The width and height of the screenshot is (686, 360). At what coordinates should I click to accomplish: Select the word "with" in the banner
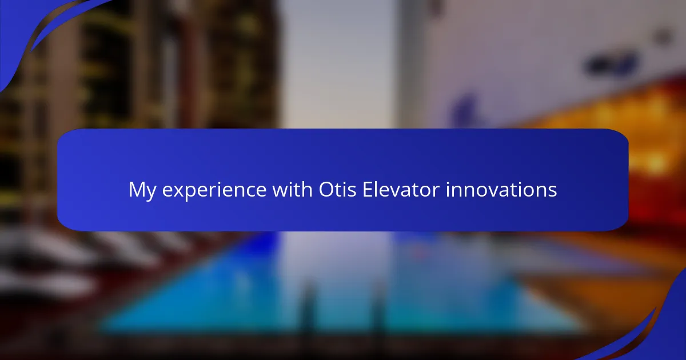[x=292, y=189]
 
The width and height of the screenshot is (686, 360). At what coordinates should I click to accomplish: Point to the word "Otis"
[x=337, y=189]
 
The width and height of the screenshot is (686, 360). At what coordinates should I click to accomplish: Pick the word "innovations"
[x=501, y=189]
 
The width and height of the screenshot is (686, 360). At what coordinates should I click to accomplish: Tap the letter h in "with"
[x=307, y=189]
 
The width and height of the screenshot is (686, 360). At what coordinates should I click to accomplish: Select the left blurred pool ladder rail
[x=307, y=309]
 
